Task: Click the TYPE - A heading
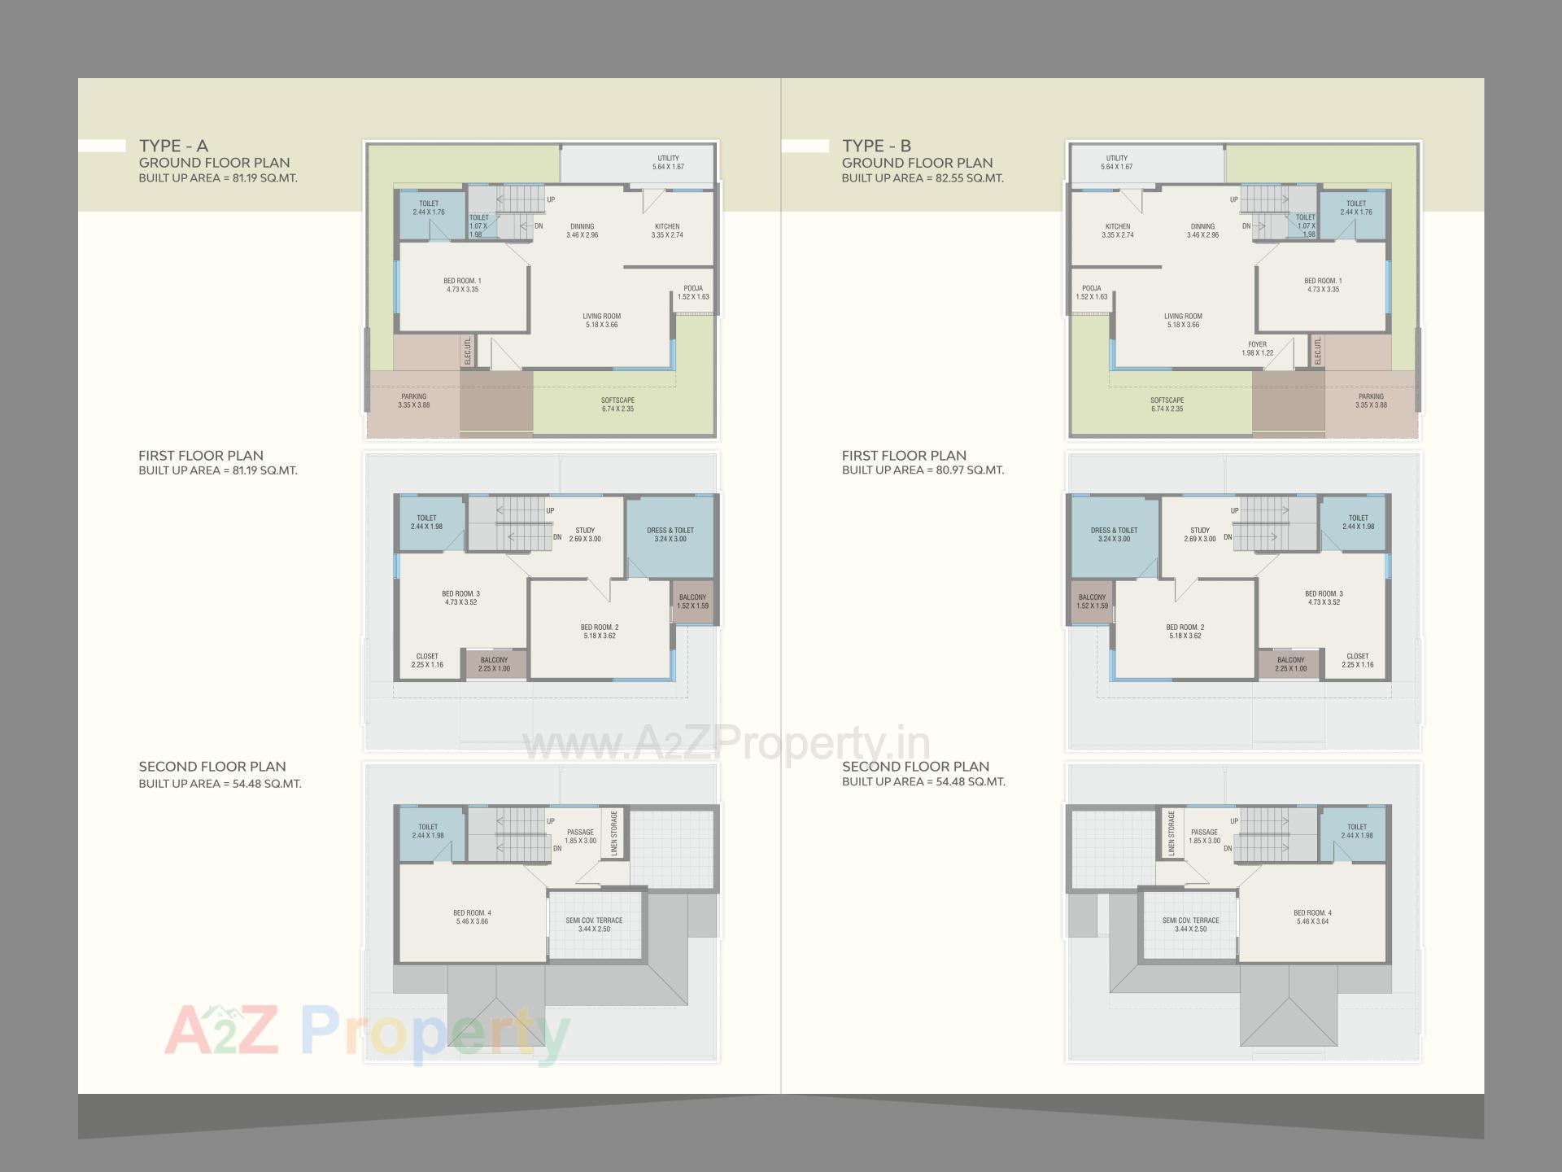click(173, 146)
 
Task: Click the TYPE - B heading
click(876, 146)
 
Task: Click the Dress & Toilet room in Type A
click(670, 534)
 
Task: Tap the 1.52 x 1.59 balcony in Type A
click(692, 601)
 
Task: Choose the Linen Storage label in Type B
click(1171, 833)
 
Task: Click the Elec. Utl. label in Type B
click(1318, 352)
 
